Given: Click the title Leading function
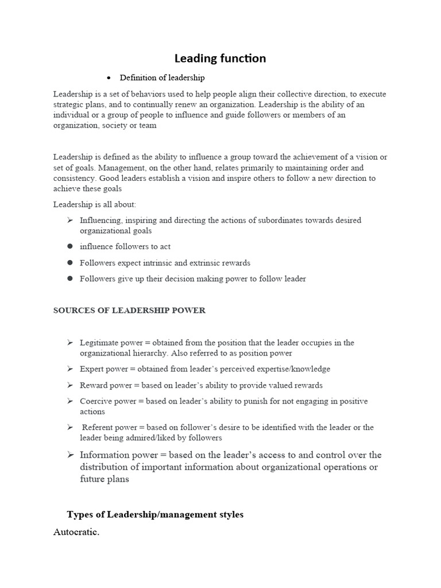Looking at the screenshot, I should [x=220, y=58].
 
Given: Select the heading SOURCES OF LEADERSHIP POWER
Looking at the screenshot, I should [x=129, y=311].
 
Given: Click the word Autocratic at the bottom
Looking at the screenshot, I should [x=76, y=532].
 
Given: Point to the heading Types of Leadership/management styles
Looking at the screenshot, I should [x=155, y=514].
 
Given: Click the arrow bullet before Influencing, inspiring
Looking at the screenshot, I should [x=70, y=220].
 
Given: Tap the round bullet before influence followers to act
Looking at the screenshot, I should [x=70, y=246].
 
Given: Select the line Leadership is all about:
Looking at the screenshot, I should [x=95, y=204].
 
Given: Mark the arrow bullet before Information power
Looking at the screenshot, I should [x=70, y=455].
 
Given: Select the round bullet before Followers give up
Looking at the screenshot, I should [x=70, y=278].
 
